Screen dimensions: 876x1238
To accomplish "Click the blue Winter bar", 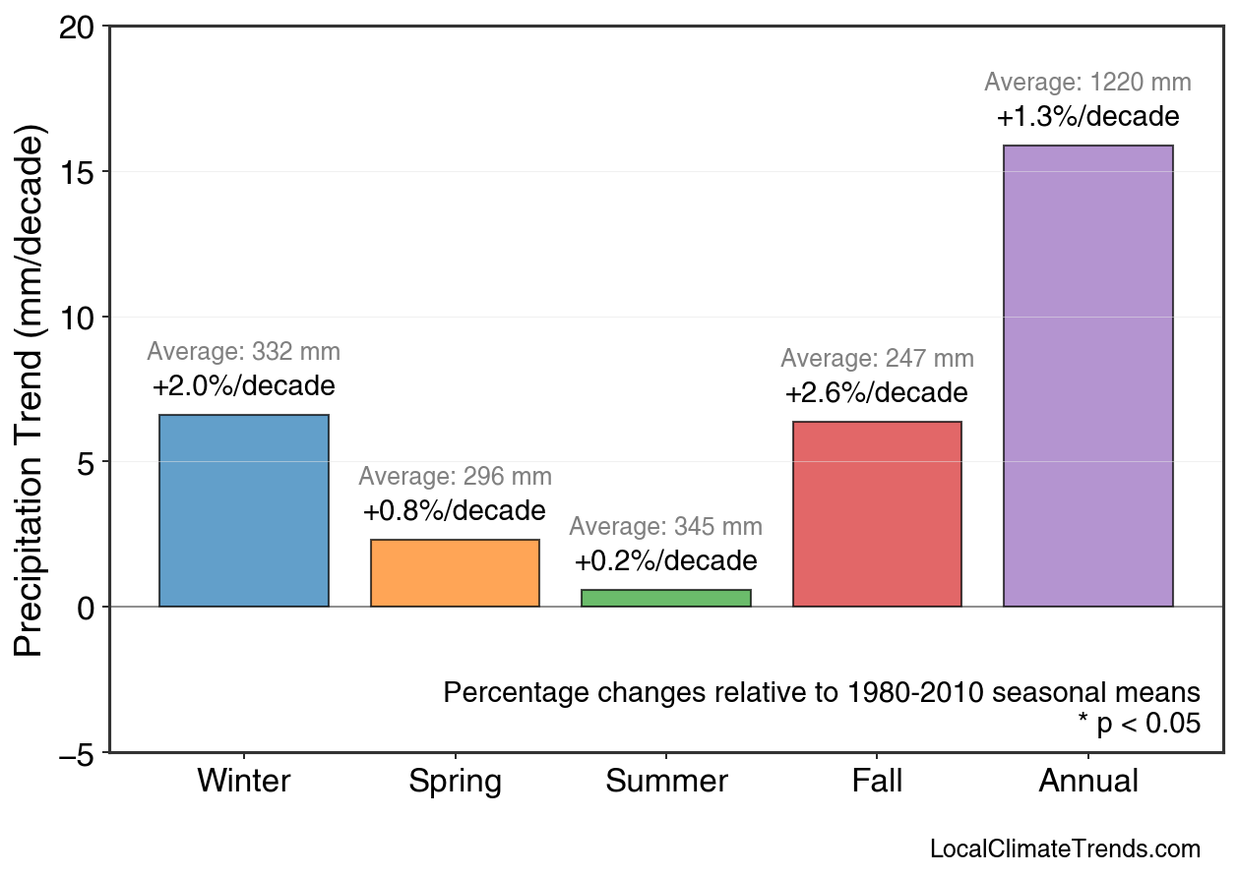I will pyautogui.click(x=244, y=510).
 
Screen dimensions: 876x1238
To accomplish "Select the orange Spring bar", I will pyautogui.click(x=455, y=573).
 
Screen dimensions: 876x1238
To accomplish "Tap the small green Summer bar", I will pyautogui.click(x=666, y=598).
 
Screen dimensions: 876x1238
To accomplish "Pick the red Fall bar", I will pyautogui.click(x=877, y=514).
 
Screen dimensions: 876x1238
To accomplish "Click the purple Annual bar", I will pyautogui.click(x=1087, y=376).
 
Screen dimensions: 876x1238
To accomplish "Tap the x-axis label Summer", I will pyautogui.click(x=666, y=782).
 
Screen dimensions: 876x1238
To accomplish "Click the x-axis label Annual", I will pyautogui.click(x=1087, y=782).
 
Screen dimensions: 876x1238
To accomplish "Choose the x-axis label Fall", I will pyautogui.click(x=877, y=782).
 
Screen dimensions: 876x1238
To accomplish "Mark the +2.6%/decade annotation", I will pyautogui.click(x=877, y=394).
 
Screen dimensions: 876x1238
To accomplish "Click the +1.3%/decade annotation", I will pyautogui.click(x=1087, y=117).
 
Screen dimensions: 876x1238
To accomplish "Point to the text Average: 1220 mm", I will pyautogui.click(x=1087, y=83).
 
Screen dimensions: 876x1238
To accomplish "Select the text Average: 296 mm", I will pyautogui.click(x=455, y=477).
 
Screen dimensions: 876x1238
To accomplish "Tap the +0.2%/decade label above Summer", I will pyautogui.click(x=666, y=561).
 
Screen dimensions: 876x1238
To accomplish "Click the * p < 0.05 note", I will pyautogui.click(x=1139, y=724).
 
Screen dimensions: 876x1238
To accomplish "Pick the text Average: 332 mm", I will pyautogui.click(x=244, y=352).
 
